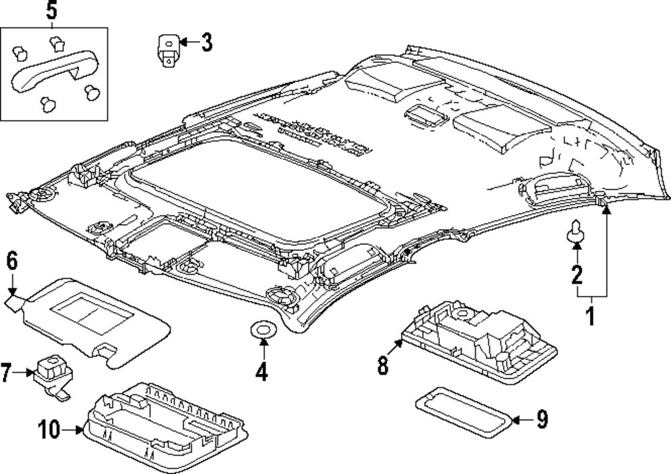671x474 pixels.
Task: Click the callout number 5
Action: [x=52, y=11]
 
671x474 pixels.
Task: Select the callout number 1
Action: [x=591, y=316]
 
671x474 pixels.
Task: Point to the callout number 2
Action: [x=576, y=274]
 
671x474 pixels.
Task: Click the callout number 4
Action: [x=261, y=371]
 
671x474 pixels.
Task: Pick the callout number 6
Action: [x=11, y=260]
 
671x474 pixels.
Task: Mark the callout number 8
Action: [x=382, y=366]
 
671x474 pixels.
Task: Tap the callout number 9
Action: [x=541, y=420]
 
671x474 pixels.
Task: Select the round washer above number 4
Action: [x=261, y=330]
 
